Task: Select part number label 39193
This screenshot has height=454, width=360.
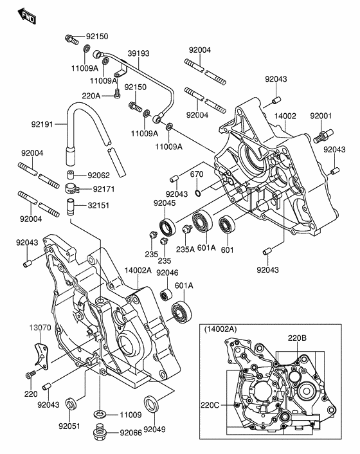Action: click(x=138, y=53)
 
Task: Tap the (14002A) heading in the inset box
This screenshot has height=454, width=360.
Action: click(x=221, y=329)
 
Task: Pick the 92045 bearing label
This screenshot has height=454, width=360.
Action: click(x=164, y=203)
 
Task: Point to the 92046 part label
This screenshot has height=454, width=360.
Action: click(x=168, y=273)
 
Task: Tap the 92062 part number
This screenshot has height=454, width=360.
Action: click(x=100, y=174)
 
